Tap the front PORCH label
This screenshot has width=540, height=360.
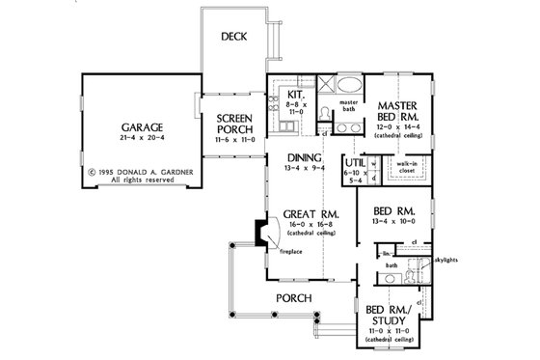(x=288, y=297)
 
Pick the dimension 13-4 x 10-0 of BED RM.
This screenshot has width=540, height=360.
(x=395, y=222)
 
